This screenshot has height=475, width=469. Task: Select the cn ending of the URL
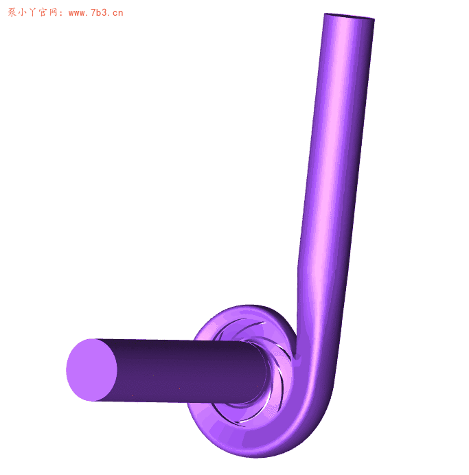pyautogui.click(x=118, y=12)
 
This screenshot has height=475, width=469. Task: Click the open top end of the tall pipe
pyautogui.click(x=350, y=17)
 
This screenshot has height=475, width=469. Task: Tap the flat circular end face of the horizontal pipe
pyautogui.click(x=91, y=370)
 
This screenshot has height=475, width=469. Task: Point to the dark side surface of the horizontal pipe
pyautogui.click(x=185, y=371)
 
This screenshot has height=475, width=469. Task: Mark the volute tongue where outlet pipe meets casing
pyautogui.click(x=296, y=353)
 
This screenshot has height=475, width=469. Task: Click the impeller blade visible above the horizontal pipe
pyautogui.click(x=240, y=328)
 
